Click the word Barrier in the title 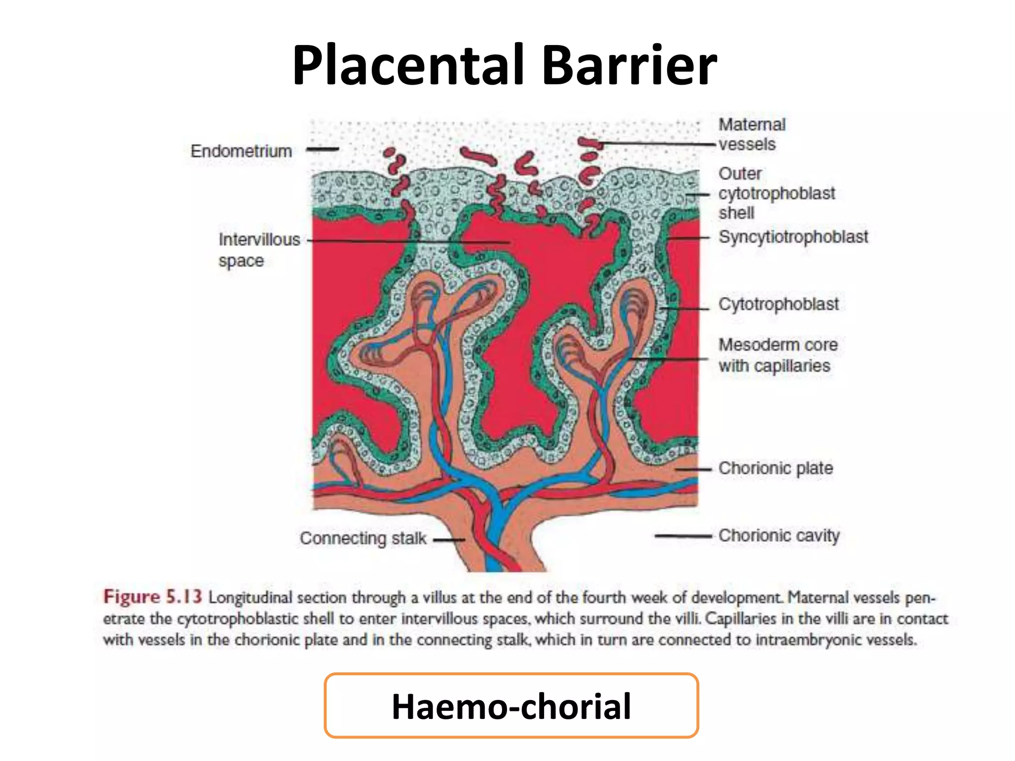point(629,66)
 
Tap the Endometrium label point(241,151)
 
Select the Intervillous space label point(259,250)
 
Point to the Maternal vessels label point(752,134)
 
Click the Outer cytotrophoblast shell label point(776,193)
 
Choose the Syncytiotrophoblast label point(793,237)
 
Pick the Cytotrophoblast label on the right point(778,304)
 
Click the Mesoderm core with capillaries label point(778,355)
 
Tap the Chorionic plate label point(776,468)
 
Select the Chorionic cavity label point(779,536)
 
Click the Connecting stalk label point(363,538)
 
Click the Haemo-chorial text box point(511,706)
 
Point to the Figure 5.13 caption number point(152,597)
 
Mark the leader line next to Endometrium point(322,149)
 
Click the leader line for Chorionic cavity point(683,536)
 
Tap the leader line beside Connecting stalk point(449,540)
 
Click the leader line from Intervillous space point(406,241)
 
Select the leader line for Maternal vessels point(659,144)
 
